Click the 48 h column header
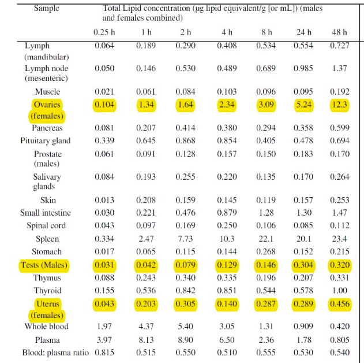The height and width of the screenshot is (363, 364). [339, 32]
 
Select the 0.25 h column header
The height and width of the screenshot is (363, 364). [104, 32]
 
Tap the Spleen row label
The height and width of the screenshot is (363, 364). [47, 239]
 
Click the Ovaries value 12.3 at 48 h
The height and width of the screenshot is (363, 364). [339, 105]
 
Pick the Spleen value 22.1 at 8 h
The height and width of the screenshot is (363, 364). [266, 239]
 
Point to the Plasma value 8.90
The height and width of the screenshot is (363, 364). [186, 340]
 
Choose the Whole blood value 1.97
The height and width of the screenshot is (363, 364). [104, 326]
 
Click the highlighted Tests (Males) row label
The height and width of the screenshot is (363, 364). [44, 265]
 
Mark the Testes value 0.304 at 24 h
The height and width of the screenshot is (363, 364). [303, 265]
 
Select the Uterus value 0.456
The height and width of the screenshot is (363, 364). [340, 303]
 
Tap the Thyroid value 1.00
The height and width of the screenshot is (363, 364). [339, 290]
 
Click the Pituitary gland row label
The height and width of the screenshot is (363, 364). [46, 140]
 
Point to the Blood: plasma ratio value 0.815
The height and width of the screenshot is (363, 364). [104, 353]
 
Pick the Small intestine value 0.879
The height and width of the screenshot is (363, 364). [227, 213]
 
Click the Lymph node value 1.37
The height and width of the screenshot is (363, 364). [339, 68]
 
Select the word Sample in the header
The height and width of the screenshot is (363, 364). [46, 8]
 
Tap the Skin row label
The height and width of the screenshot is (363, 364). [48, 200]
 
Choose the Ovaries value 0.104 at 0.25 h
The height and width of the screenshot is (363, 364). [104, 105]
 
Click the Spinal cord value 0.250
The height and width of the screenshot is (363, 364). [227, 225]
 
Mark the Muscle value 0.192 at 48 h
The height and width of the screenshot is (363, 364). [340, 92]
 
